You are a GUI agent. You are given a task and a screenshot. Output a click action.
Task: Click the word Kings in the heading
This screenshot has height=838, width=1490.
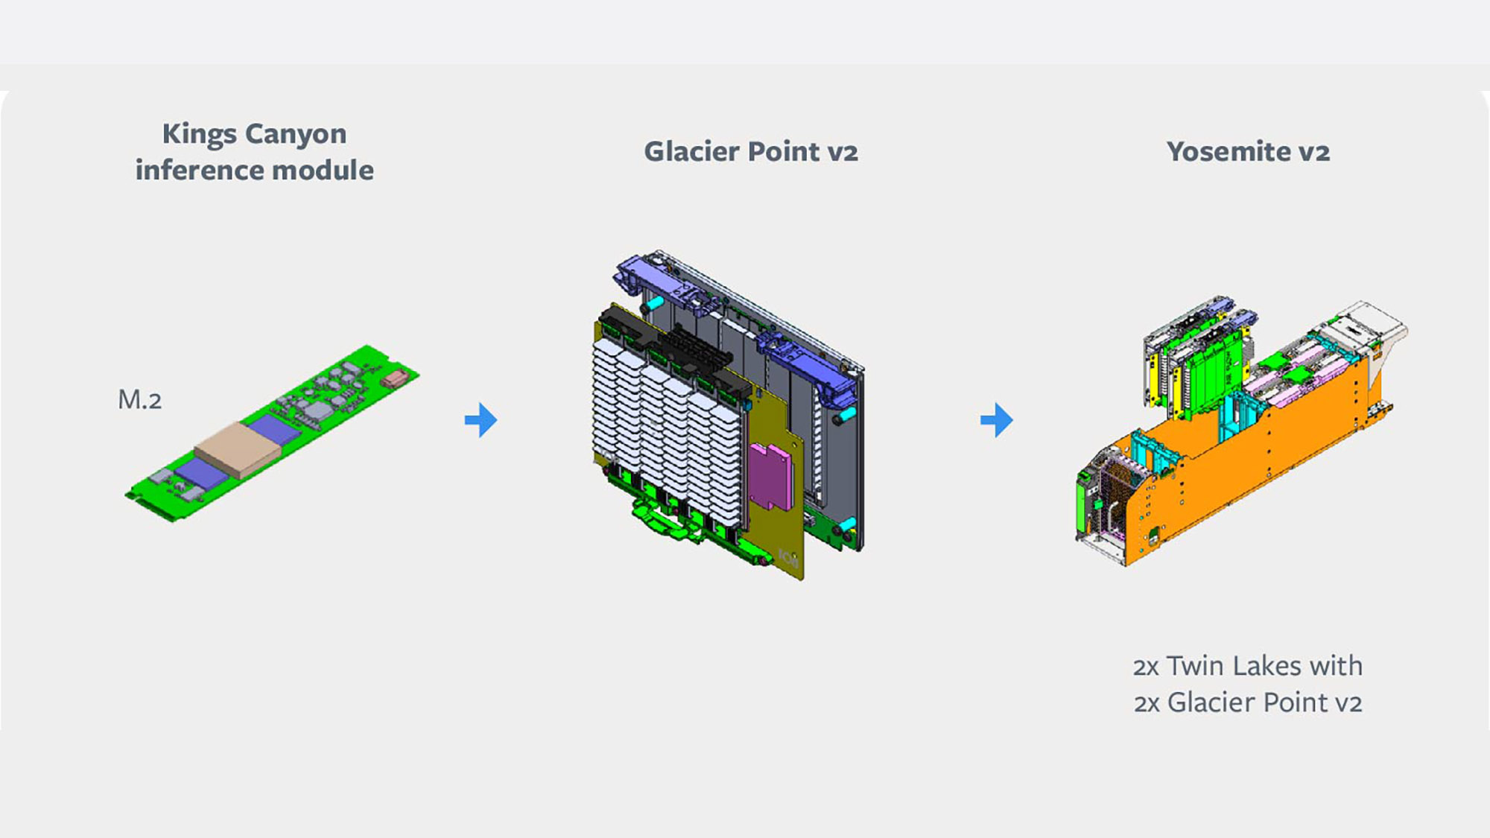200,135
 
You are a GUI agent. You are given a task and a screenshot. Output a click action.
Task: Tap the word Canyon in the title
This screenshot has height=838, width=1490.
296,135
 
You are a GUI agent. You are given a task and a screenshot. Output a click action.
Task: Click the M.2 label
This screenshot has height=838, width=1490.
140,400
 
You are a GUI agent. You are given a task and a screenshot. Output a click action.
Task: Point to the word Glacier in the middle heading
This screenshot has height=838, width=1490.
692,151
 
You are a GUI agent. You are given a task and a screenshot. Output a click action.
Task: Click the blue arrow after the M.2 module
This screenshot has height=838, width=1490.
481,419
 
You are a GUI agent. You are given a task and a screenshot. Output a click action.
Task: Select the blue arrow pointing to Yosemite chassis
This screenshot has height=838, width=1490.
997,420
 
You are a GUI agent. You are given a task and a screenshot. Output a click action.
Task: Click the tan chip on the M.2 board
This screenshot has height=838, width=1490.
238,450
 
